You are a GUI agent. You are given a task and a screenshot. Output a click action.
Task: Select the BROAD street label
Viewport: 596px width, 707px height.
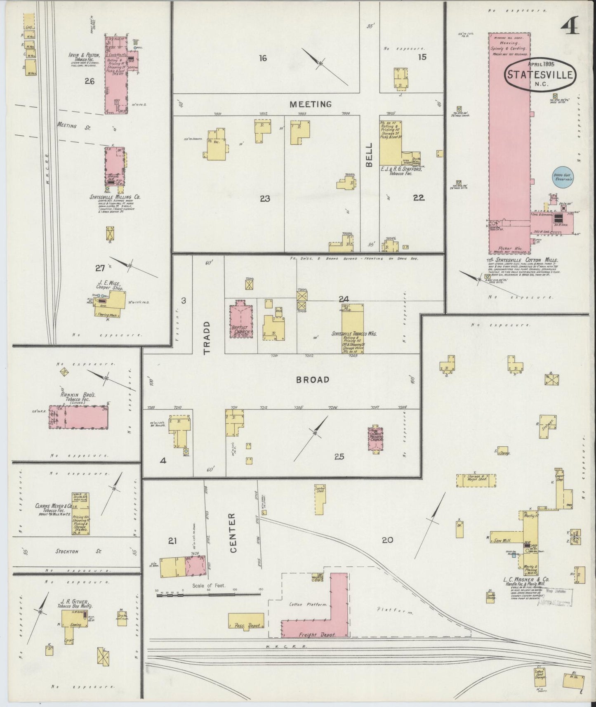(x=313, y=379)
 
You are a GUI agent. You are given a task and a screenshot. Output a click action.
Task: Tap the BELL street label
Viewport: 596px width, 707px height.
(x=369, y=154)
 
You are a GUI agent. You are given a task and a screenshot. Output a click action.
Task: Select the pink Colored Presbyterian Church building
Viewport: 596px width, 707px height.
(x=376, y=439)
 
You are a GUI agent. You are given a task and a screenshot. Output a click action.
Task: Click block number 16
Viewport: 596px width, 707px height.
(x=263, y=58)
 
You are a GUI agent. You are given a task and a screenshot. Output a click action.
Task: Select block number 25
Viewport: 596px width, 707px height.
(x=339, y=457)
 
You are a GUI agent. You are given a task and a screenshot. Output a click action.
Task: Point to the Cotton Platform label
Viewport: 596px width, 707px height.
(x=307, y=604)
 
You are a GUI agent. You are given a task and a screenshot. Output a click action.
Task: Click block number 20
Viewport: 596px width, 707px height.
(x=387, y=540)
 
